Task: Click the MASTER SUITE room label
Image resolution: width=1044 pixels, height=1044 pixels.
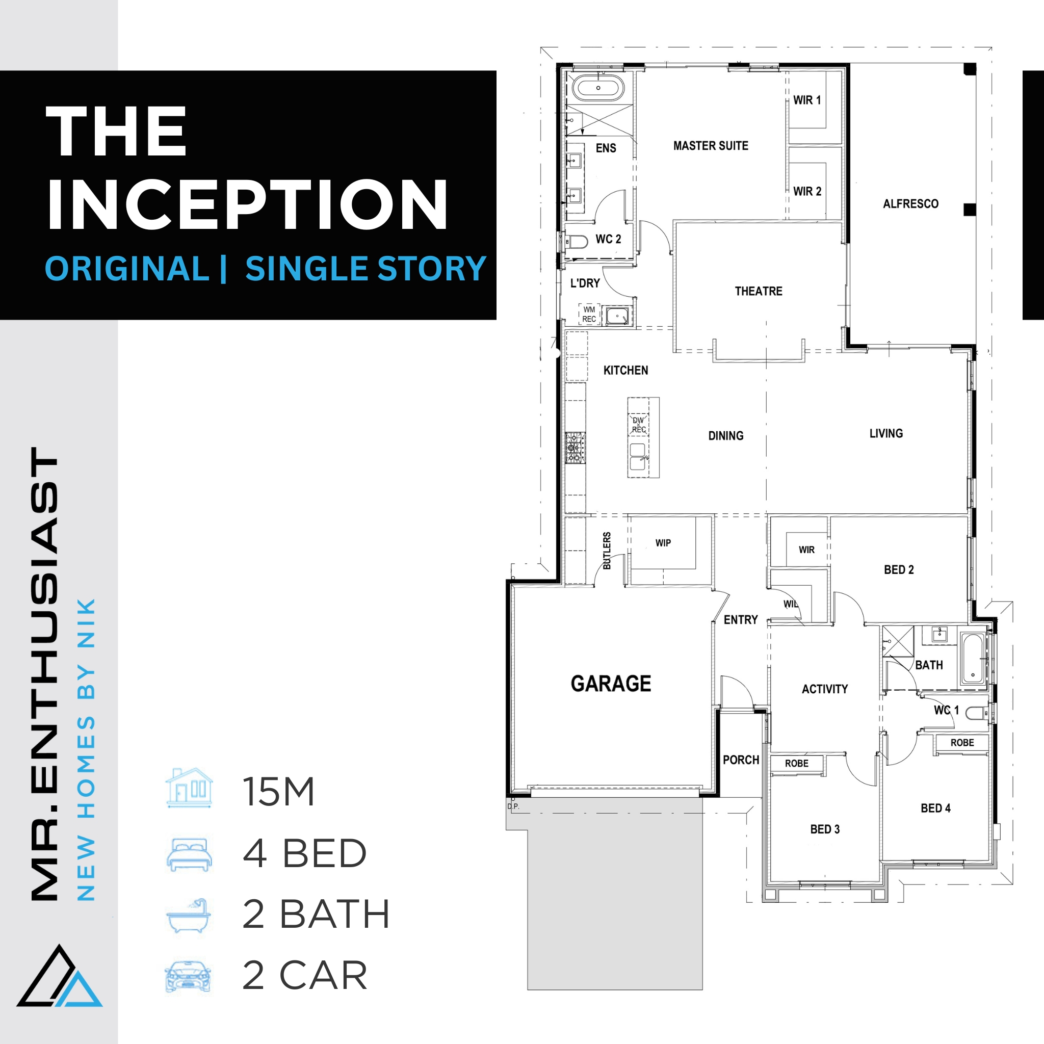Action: click(711, 146)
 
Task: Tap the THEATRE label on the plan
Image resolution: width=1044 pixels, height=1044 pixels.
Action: click(758, 291)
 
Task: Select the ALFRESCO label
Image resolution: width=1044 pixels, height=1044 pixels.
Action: click(910, 204)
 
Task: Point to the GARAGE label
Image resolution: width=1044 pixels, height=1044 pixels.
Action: click(611, 684)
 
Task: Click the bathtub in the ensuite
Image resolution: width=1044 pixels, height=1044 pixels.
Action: click(597, 88)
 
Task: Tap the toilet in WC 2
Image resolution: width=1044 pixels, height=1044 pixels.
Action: click(576, 242)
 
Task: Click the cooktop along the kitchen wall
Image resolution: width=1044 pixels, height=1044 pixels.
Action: click(575, 448)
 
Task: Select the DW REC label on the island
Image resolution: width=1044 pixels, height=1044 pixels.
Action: click(639, 425)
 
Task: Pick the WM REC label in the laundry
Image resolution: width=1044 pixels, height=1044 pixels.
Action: click(589, 315)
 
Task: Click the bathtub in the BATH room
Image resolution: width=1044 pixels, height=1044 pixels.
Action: click(973, 659)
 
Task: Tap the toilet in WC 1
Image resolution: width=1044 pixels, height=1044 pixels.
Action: click(976, 714)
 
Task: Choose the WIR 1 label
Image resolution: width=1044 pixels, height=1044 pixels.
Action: click(807, 100)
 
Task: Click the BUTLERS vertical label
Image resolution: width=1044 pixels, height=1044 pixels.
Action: click(607, 551)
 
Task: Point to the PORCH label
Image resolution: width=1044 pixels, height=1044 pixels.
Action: click(741, 760)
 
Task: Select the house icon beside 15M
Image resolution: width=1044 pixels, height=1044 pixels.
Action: click(189, 788)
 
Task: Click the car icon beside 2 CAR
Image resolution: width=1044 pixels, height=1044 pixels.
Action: click(188, 977)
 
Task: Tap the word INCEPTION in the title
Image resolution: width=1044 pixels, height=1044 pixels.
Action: click(247, 205)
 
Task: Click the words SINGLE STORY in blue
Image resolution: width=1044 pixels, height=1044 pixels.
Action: click(366, 269)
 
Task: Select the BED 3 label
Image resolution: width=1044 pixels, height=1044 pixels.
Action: click(825, 829)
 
